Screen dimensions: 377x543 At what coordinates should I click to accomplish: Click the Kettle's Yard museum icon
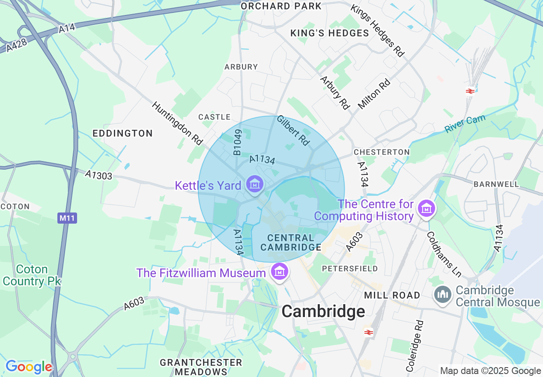(x=255, y=185)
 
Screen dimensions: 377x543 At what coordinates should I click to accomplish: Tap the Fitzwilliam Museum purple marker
(x=279, y=272)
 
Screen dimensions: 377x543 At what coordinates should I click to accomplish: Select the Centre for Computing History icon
(x=427, y=209)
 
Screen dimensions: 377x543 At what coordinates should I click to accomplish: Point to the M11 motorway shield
(x=67, y=218)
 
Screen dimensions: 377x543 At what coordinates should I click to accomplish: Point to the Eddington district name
(x=122, y=134)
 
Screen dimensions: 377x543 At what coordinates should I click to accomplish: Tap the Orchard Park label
(x=281, y=6)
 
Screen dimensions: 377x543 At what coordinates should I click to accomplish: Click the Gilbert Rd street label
(x=293, y=130)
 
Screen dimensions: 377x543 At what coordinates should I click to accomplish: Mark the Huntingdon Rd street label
(x=177, y=123)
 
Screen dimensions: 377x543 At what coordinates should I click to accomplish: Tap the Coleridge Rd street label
(x=415, y=346)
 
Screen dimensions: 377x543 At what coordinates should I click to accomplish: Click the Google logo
(x=29, y=367)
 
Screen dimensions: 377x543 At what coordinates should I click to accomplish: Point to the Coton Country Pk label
(x=32, y=275)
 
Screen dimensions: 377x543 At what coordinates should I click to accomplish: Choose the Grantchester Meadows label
(x=201, y=367)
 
